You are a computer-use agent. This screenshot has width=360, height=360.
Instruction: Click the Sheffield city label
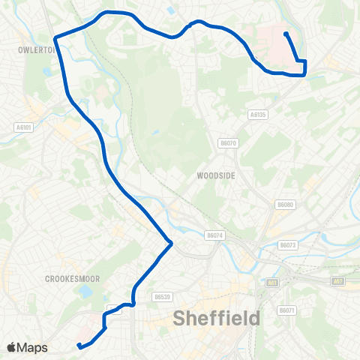tap(217, 318)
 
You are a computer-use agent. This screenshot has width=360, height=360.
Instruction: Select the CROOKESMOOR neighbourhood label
tap(73, 278)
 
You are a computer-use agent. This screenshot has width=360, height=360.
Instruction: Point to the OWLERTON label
tap(34, 49)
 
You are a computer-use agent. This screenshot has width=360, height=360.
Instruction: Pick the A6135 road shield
tap(257, 115)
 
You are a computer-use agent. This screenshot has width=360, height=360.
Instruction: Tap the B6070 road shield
tap(228, 142)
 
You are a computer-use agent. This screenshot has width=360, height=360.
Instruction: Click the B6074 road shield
tap(214, 235)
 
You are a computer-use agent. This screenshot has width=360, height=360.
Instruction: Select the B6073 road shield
tap(288, 244)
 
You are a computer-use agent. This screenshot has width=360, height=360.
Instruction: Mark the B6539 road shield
tap(162, 296)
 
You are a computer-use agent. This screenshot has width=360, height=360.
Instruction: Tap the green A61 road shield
tap(272, 283)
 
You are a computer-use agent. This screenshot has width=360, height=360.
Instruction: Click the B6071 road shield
tap(286, 310)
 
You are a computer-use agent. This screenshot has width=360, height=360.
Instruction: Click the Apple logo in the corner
tap(12, 347)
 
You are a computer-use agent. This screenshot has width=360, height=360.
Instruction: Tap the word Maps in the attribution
tap(32, 347)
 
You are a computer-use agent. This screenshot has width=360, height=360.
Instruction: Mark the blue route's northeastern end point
tap(286, 34)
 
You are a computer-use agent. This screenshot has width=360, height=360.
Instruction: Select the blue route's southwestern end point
tap(79, 346)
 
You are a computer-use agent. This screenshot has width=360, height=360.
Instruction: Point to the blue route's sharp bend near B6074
tap(172, 242)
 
